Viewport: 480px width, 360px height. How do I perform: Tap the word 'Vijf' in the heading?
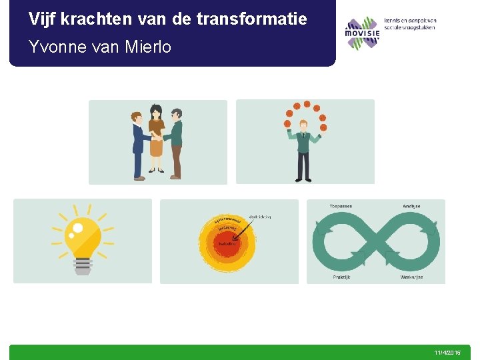[x=42, y=19]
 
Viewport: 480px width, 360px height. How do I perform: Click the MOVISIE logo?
[x=361, y=32]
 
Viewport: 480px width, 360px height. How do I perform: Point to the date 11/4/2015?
[x=447, y=352]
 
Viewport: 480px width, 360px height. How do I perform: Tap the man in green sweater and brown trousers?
[x=175, y=143]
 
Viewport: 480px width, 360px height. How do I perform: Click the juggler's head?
[x=303, y=125]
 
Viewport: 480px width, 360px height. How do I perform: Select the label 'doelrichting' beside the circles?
[x=260, y=217]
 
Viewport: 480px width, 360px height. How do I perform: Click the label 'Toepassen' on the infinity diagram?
[x=341, y=206]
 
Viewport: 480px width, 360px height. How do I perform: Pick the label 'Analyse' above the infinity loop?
[x=411, y=206]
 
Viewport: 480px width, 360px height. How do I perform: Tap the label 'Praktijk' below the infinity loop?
[x=342, y=277]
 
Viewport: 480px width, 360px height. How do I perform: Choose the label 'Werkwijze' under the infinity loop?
[x=411, y=277]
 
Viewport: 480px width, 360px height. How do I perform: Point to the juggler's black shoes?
[x=303, y=179]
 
